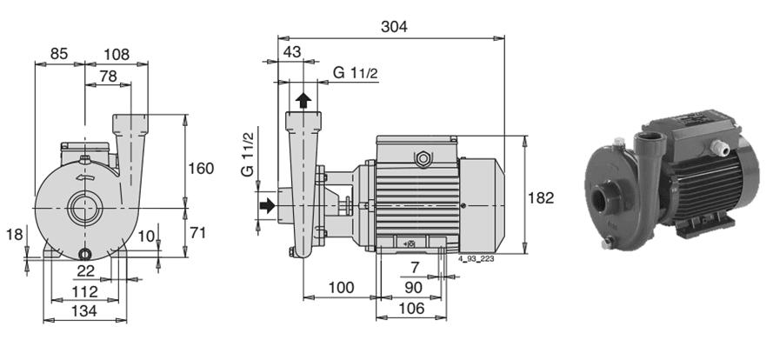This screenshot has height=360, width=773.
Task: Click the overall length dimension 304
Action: click(x=394, y=27)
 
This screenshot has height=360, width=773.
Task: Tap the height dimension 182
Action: click(x=541, y=197)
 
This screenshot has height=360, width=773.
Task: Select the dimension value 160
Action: click(x=201, y=169)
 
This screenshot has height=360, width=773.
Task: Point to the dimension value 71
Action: click(x=197, y=233)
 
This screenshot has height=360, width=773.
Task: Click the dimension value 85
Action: click(x=58, y=53)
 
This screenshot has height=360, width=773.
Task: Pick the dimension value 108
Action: click(x=117, y=54)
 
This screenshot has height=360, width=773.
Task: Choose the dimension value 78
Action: click(x=108, y=76)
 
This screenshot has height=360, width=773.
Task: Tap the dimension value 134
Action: click(x=84, y=310)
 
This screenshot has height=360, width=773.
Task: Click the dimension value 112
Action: click(x=84, y=292)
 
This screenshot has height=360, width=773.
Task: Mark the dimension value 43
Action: click(x=292, y=52)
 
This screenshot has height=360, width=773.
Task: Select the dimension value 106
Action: click(x=410, y=308)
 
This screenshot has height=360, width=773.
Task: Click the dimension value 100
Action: click(x=341, y=287)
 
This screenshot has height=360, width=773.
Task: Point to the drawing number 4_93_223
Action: click(x=476, y=258)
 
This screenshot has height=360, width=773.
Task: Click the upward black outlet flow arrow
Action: click(x=303, y=101)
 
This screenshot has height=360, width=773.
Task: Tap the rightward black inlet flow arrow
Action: click(x=267, y=204)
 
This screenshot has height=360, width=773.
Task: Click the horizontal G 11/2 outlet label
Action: click(x=356, y=73)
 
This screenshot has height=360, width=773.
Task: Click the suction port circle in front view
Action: click(x=85, y=208)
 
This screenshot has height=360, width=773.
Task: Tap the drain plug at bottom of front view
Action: click(x=85, y=255)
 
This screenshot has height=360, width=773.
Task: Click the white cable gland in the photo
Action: click(x=720, y=147)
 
